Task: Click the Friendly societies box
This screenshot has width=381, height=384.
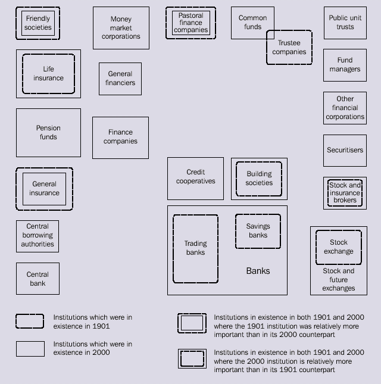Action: [x=38, y=23]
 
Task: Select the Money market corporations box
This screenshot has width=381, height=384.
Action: [x=121, y=28]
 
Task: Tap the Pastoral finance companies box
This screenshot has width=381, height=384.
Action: [x=190, y=23]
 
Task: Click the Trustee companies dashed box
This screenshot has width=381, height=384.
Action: [x=289, y=48]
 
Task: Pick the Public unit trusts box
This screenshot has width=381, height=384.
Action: [x=345, y=23]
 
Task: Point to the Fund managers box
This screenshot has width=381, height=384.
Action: [x=345, y=65]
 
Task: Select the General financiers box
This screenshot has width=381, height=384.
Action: [x=120, y=79]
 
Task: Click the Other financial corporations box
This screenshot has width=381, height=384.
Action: [x=345, y=108]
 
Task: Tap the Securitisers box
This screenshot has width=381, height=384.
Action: [x=345, y=151]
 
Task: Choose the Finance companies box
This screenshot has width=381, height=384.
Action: [x=120, y=138]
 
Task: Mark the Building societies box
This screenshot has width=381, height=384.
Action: [x=259, y=178]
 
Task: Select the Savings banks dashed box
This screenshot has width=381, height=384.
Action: [x=258, y=231]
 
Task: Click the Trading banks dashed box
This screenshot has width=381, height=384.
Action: [x=195, y=248]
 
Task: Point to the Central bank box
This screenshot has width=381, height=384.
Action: [x=38, y=279]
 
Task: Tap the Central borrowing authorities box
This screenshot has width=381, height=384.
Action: [x=38, y=236]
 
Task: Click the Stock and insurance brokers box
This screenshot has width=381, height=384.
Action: [x=345, y=193]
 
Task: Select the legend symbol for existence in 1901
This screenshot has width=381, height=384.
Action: [x=30, y=321]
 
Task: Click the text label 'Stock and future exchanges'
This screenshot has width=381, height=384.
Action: [x=338, y=280]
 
